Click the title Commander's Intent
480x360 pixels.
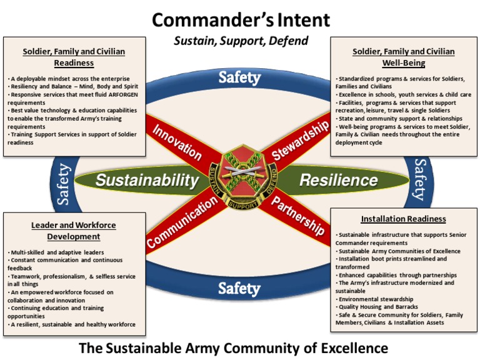pyautogui.click(x=241, y=20)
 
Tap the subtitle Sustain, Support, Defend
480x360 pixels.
pyautogui.click(x=241, y=41)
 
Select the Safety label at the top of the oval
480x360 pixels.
pyautogui.click(x=239, y=77)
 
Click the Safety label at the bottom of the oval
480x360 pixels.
pyautogui.click(x=239, y=288)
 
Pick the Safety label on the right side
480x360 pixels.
pyautogui.click(x=420, y=180)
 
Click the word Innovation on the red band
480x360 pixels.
pyautogui.click(x=177, y=142)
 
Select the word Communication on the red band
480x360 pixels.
pyautogui.click(x=182, y=222)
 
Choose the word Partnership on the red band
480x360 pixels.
pyautogui.click(x=297, y=216)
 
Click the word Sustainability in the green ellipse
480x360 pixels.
pyautogui.click(x=147, y=180)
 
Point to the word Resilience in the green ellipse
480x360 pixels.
pyautogui.click(x=339, y=180)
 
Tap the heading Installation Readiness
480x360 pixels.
pyautogui.click(x=404, y=219)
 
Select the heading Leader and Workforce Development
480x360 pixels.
pyautogui.click(x=74, y=231)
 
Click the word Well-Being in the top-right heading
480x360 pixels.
pyautogui.click(x=404, y=63)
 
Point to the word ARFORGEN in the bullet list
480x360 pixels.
pyautogui.click(x=123, y=94)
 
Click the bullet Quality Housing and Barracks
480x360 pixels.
pyautogui.click(x=378, y=307)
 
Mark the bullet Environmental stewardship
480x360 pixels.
pyautogui.click(x=376, y=299)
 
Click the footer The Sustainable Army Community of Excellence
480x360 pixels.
pyautogui.click(x=234, y=348)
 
